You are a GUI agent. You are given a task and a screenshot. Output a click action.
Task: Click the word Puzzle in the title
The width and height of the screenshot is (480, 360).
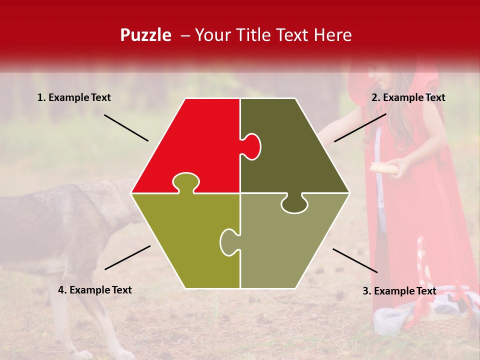(145, 35)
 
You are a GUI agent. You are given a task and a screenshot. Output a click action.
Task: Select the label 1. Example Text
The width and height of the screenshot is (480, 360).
(74, 98)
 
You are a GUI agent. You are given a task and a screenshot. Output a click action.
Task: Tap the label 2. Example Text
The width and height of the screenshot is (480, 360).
(408, 98)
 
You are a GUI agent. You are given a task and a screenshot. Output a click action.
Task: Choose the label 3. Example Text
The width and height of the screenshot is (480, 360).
(399, 291)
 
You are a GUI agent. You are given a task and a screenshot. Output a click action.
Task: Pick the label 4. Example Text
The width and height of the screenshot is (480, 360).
(95, 290)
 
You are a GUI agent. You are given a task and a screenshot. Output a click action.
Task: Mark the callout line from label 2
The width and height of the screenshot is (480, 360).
(360, 127)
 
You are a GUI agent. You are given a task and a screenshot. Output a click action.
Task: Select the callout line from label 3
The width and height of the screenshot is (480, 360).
(355, 260)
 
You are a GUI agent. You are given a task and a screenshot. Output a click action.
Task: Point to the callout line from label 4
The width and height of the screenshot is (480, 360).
(127, 257)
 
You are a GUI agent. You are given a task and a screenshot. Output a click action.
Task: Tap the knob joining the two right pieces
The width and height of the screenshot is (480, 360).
(294, 203)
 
